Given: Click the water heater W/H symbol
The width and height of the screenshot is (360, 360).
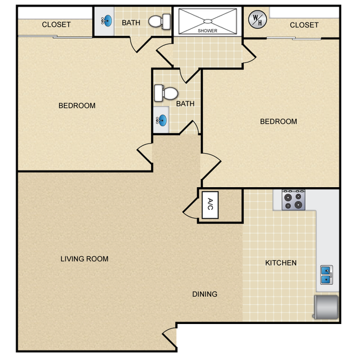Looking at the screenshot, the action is click(258, 19).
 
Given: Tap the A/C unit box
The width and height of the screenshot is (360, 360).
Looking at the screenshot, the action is click(210, 205).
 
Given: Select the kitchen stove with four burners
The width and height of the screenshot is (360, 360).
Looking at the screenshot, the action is click(294, 200).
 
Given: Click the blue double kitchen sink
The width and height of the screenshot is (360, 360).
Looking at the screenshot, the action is click(326, 275).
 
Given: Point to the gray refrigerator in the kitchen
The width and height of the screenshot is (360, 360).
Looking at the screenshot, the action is click(326, 307).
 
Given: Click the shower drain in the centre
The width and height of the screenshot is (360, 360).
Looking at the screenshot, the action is click(208, 22).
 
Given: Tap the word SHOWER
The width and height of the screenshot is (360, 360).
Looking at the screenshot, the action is click(208, 30).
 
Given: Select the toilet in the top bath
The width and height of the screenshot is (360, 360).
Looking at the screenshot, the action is click(160, 22).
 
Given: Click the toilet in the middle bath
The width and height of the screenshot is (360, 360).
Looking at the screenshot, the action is click(166, 93).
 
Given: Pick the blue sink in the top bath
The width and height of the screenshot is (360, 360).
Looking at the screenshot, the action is click(107, 21).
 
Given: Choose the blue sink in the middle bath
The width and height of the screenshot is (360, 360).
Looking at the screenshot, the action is click(161, 120).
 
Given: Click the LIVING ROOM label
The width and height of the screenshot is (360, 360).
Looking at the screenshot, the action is click(85, 259).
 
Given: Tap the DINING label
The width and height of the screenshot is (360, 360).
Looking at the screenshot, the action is click(205, 294).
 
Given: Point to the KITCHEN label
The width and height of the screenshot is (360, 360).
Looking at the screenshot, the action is click(281, 263).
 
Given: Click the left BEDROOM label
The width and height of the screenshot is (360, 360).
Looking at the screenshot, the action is click(77, 105).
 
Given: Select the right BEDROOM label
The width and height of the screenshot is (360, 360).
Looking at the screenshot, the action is click(279, 121).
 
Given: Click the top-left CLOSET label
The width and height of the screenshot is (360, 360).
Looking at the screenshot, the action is click(56, 24).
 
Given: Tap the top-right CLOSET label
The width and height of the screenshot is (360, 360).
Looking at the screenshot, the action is click(304, 25).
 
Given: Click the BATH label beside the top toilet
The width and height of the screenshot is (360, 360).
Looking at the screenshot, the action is click(131, 23).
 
